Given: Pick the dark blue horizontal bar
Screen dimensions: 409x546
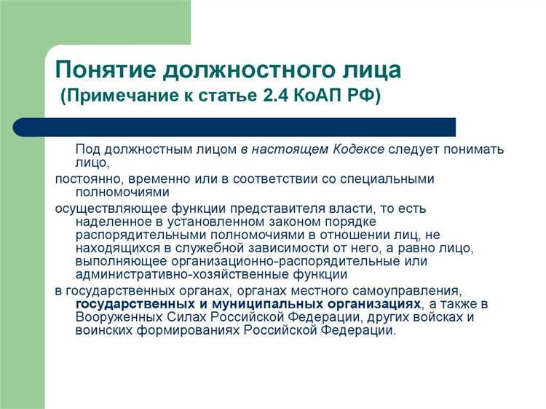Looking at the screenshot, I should [234, 127].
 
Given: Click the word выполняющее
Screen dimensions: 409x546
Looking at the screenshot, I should [117, 262].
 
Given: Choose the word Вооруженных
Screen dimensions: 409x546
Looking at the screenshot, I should [118, 317].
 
